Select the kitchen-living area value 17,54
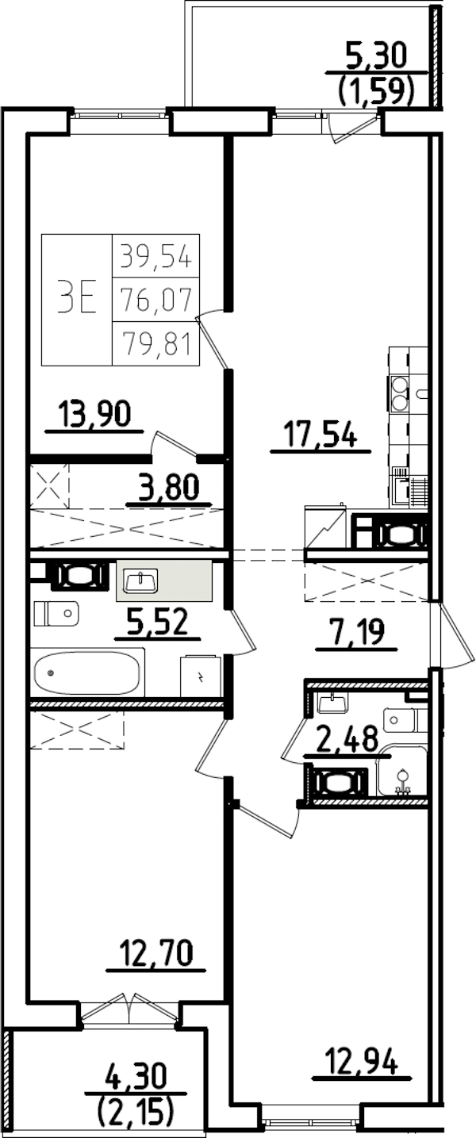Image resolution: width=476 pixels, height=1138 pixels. pyautogui.click(x=321, y=435)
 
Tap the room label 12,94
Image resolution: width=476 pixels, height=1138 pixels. pyautogui.click(x=362, y=1060)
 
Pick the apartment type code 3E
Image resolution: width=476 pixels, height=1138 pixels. pyautogui.click(x=76, y=299)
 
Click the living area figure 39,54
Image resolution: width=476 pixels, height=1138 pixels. pyautogui.click(x=155, y=255)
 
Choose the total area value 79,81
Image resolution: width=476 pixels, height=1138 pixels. pyautogui.click(x=155, y=344)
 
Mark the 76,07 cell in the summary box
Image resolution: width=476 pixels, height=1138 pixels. pyautogui.click(x=155, y=300)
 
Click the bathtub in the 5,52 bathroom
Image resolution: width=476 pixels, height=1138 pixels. pyautogui.click(x=87, y=672)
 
